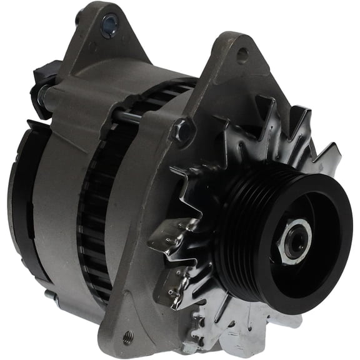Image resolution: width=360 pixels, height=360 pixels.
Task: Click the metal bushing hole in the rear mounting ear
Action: [x=110, y=24]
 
